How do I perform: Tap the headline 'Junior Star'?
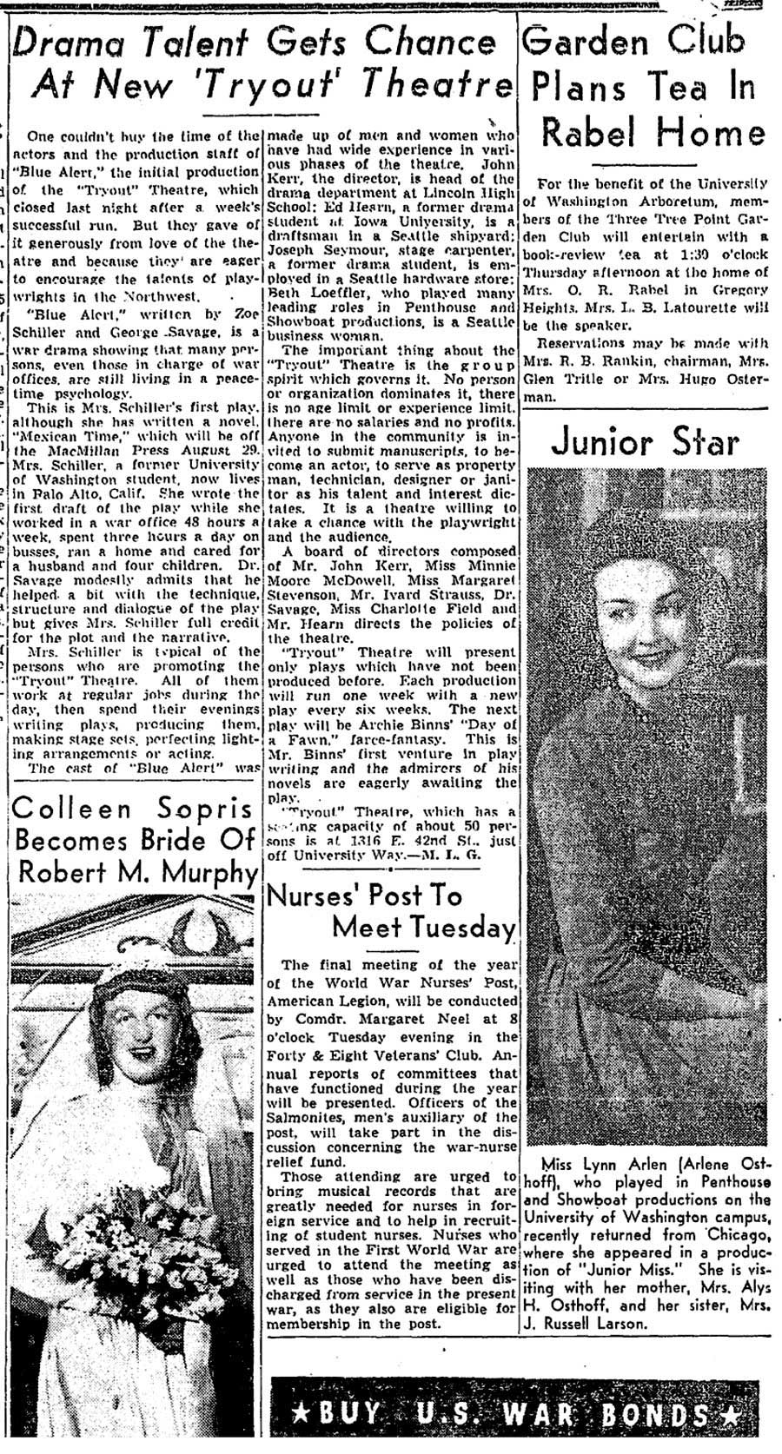646,442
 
